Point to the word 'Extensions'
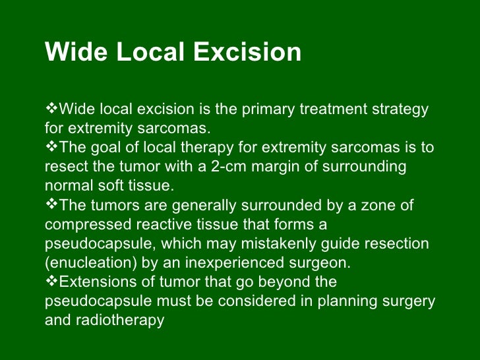(97, 282)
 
